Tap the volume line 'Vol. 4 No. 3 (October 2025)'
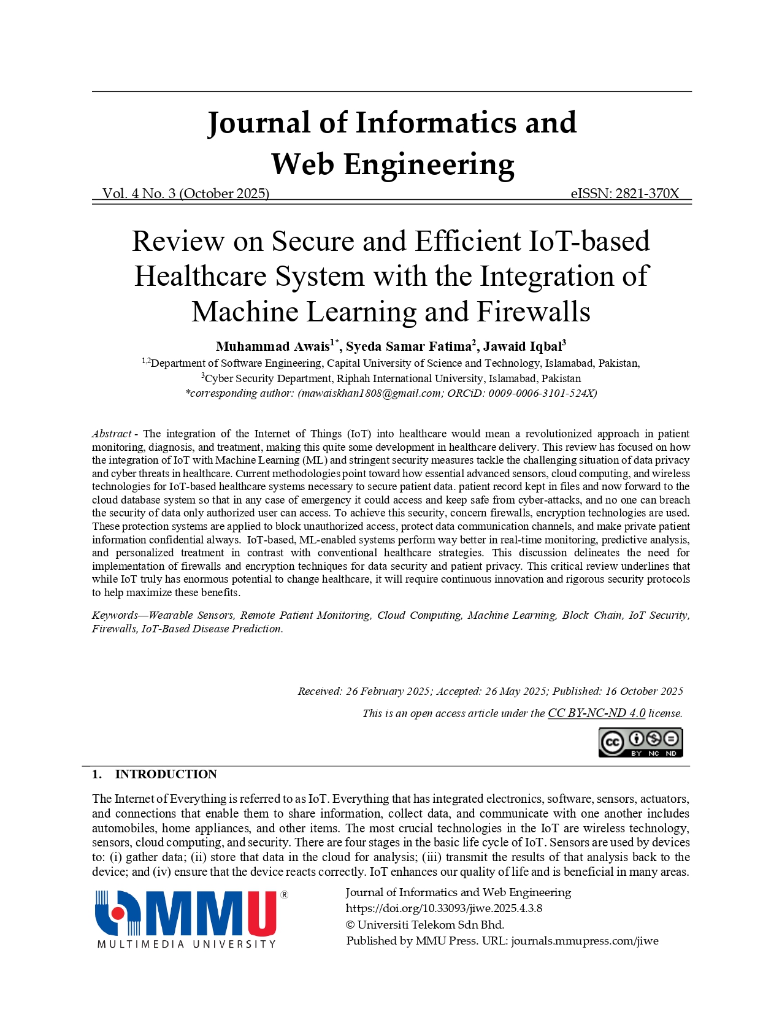(186, 194)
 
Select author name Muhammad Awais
(273, 347)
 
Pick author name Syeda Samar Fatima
(408, 347)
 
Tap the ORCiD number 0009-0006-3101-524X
(541, 394)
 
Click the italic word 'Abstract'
(111, 434)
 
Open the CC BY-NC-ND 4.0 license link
(596, 713)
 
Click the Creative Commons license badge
(640, 743)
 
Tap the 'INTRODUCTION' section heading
(166, 774)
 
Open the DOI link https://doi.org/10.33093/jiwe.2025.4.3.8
(444, 908)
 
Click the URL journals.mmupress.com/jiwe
(585, 941)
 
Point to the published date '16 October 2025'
(644, 691)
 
